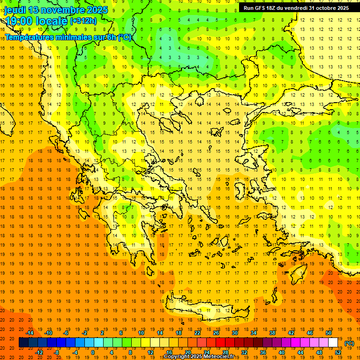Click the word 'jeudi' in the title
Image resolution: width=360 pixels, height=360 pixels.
coord(15,10)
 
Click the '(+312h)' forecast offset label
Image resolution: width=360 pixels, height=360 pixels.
coord(84,21)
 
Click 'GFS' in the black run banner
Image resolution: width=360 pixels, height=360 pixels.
coord(262,8)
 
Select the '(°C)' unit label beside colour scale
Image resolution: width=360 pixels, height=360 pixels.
coord(349,343)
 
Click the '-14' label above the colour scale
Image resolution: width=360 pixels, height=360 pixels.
coord(30,333)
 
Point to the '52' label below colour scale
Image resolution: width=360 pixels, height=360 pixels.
coord(337,352)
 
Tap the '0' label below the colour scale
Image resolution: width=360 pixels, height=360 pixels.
coord(92,352)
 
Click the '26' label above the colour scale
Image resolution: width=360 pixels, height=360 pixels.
coord(216,333)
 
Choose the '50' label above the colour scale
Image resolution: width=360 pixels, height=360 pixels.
coord(328,333)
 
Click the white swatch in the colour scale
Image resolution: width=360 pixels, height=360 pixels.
coord(333,343)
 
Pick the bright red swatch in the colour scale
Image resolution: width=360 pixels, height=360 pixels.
coord(220,343)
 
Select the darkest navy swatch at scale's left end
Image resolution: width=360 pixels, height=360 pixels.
coord(23,343)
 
